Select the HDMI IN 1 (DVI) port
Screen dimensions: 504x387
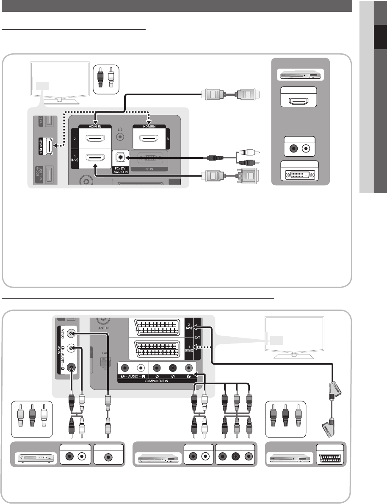(x=95, y=158)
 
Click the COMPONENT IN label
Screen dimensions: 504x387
(x=157, y=381)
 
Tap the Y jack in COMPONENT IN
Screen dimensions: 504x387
(x=188, y=368)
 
